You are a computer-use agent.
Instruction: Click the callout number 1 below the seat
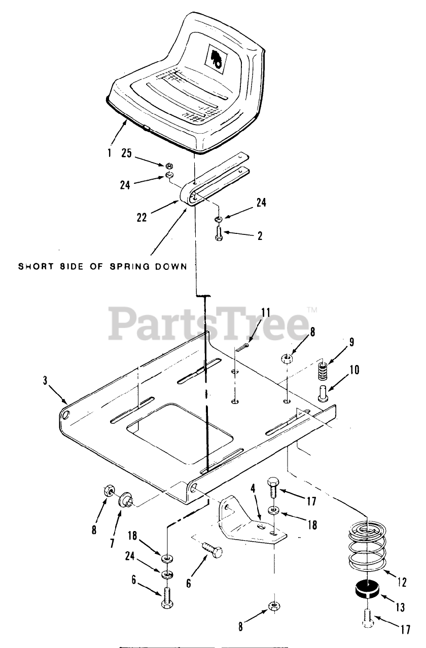click(x=110, y=153)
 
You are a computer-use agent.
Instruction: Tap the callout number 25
click(x=127, y=153)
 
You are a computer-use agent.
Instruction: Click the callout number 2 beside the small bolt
click(x=259, y=236)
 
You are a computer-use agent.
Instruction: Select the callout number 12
click(x=402, y=583)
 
